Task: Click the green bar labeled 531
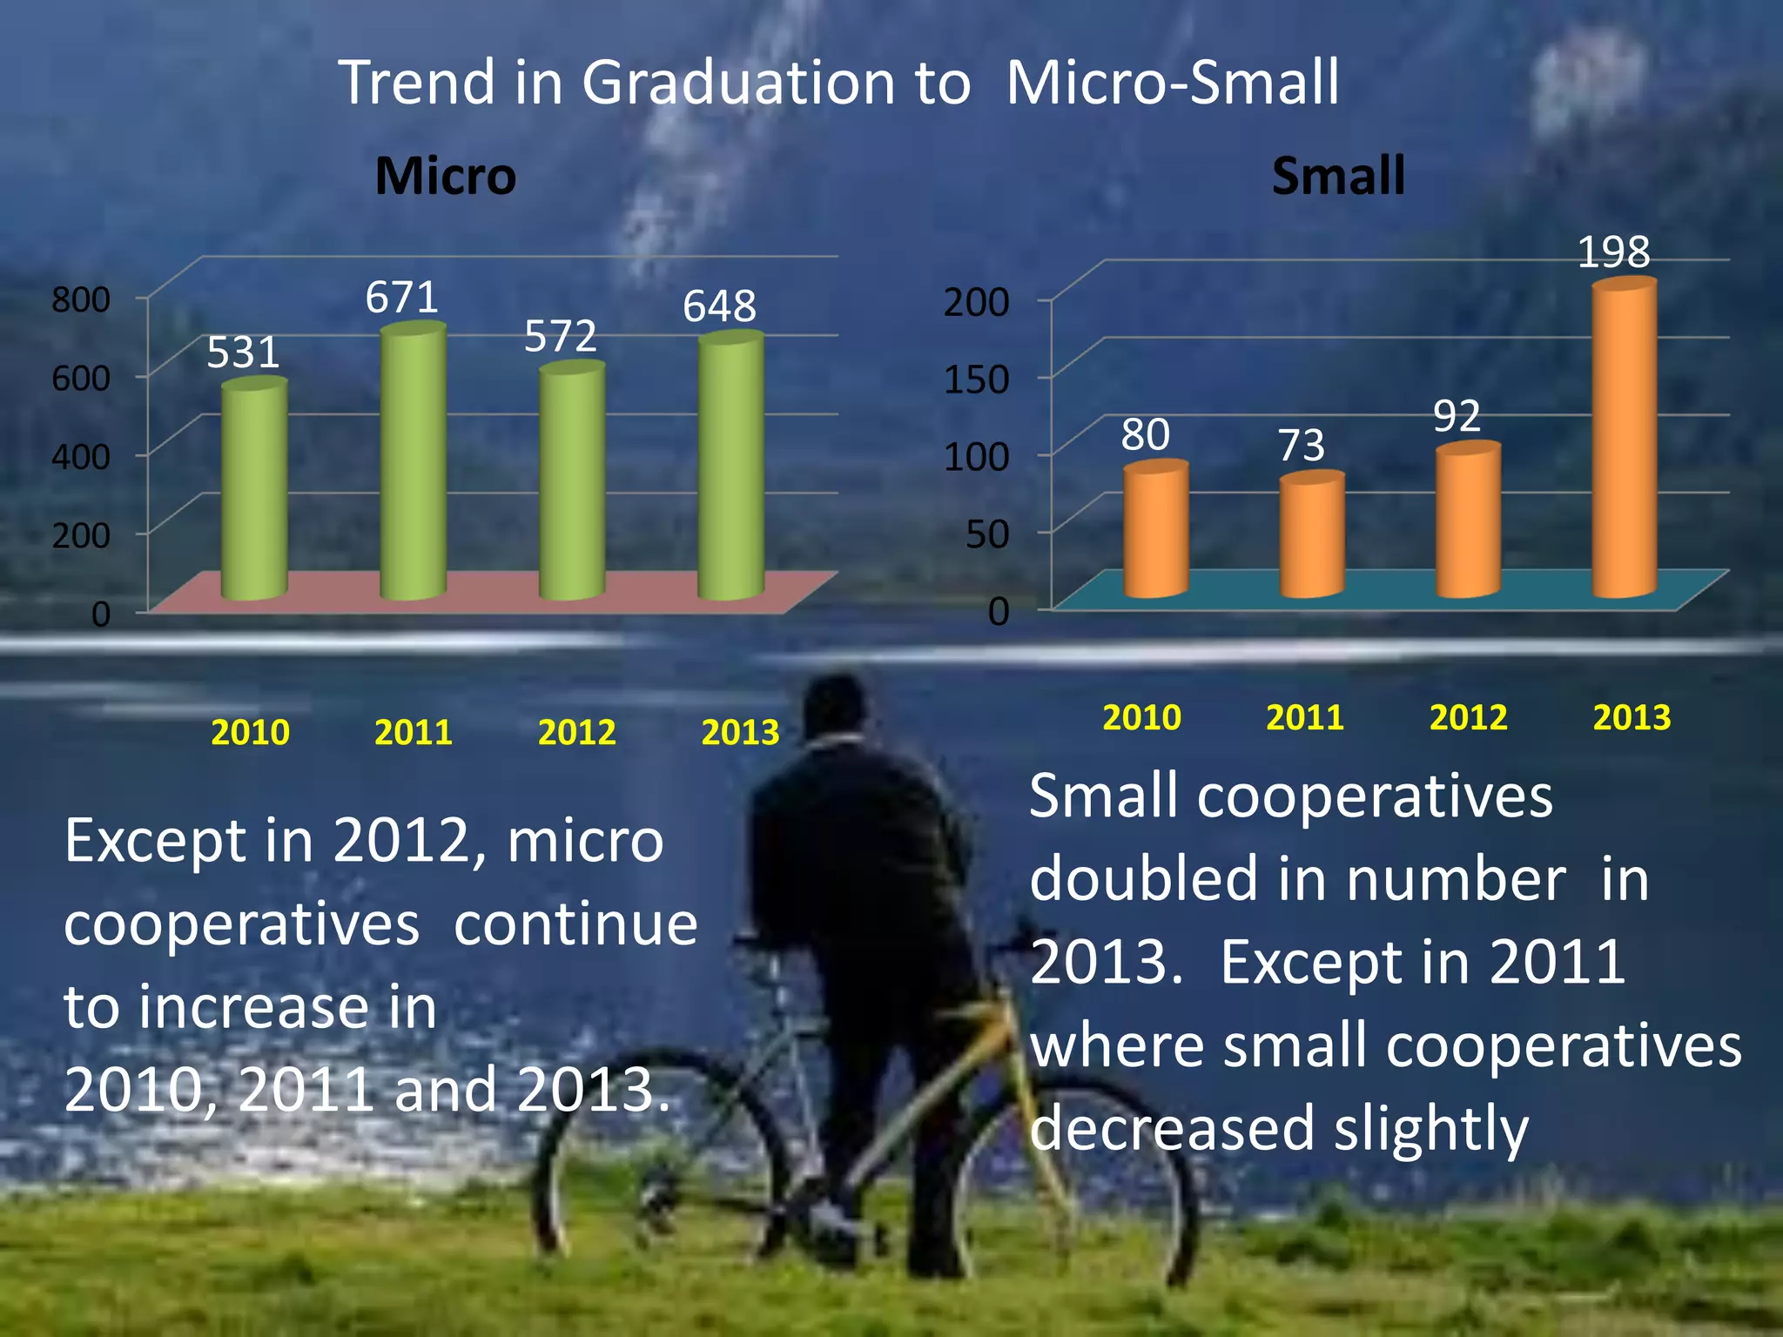tap(253, 492)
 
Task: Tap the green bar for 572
tap(572, 483)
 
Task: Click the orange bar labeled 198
tap(1625, 440)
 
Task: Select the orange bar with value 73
tap(1312, 535)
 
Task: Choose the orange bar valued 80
tap(1155, 530)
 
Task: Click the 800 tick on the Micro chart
tap(81, 299)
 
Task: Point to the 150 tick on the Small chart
tap(977, 379)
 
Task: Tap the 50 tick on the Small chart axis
tap(988, 534)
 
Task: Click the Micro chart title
tap(446, 176)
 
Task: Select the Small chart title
tap(1338, 176)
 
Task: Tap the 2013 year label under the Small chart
tap(1632, 717)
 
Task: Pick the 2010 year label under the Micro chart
tap(250, 732)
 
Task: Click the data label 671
tap(401, 298)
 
